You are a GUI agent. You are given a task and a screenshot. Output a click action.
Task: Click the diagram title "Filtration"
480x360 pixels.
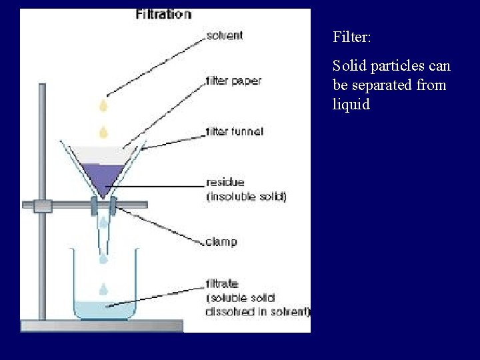pos(163,14)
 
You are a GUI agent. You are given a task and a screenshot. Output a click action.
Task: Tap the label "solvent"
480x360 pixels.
pos(224,36)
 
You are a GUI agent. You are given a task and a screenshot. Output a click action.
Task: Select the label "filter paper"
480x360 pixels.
pos(233,81)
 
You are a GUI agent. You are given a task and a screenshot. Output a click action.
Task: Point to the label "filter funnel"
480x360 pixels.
pos(235,131)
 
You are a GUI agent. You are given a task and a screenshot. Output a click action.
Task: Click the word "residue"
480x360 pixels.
pos(225,181)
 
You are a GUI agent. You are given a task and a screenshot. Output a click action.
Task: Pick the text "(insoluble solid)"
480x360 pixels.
pos(246,197)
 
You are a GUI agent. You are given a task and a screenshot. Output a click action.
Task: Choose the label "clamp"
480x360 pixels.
pos(221,241)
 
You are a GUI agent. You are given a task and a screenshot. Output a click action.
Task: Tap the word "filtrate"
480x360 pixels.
pos(222,283)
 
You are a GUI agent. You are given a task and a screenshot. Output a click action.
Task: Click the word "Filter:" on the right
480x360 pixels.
pos(352,37)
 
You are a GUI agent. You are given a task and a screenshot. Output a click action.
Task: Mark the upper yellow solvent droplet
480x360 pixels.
pos(103,105)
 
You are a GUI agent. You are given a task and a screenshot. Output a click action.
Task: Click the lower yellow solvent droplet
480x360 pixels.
pos(103,130)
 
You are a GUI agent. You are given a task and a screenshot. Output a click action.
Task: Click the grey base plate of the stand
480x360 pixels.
pos(101,326)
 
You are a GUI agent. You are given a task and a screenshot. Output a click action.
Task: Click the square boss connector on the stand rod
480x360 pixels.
pos(43,206)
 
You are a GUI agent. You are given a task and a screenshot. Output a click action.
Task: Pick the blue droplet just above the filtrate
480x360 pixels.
pos(103,289)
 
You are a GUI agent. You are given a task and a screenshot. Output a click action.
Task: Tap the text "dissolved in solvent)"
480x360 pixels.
pos(257,312)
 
